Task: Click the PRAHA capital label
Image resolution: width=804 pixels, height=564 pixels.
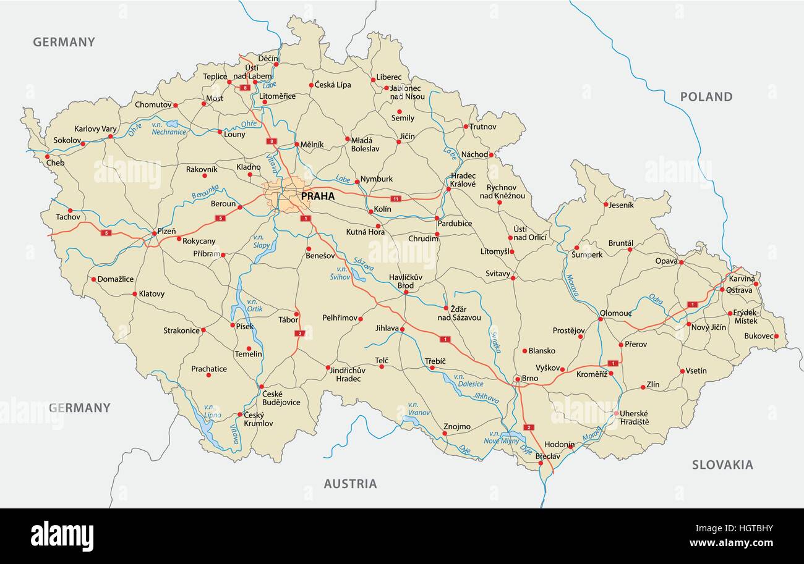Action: tap(317, 196)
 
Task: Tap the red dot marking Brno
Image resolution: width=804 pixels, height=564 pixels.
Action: tap(517, 379)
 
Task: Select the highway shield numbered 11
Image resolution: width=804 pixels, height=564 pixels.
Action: tap(396, 199)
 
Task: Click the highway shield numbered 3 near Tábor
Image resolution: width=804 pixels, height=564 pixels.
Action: tap(300, 334)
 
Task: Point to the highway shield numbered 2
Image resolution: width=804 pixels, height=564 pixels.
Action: tap(528, 427)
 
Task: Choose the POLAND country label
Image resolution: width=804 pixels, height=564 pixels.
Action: tap(706, 96)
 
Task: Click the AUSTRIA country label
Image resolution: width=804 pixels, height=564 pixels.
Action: tap(350, 484)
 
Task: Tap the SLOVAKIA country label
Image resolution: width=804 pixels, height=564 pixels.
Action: tap(722, 465)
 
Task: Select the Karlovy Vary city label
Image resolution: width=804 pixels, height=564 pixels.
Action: tap(95, 129)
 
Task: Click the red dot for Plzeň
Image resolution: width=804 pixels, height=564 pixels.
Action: tap(155, 233)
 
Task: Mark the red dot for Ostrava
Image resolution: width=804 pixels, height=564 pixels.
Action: tap(722, 289)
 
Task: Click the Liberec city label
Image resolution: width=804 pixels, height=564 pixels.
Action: tap(389, 77)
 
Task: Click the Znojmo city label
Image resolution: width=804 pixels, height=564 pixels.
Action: tap(456, 426)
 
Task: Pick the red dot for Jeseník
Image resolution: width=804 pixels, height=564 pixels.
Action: tap(605, 204)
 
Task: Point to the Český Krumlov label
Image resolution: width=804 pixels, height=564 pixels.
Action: tap(258, 419)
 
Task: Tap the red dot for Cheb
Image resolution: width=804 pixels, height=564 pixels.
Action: tap(48, 156)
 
